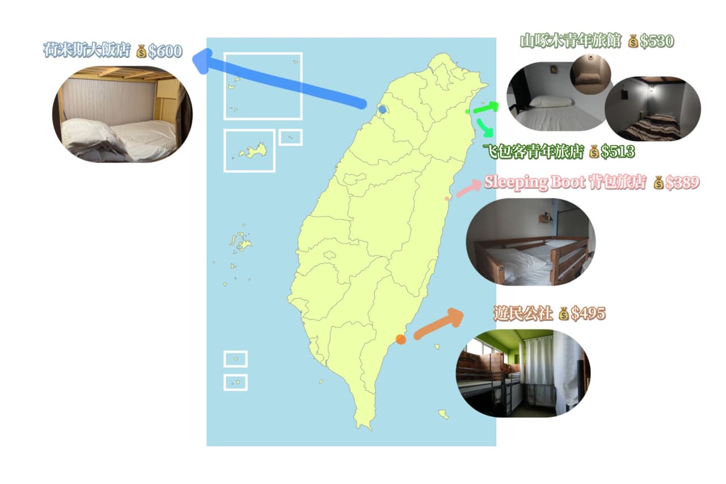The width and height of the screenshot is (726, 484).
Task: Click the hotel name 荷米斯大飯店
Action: (x=87, y=50)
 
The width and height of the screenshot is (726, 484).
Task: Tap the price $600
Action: (x=165, y=51)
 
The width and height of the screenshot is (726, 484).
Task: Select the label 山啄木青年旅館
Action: (x=571, y=41)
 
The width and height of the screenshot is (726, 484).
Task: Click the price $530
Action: (x=657, y=41)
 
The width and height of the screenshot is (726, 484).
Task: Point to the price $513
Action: (x=618, y=151)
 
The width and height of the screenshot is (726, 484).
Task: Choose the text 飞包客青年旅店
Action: (x=534, y=151)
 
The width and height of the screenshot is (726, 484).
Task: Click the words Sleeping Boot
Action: (x=535, y=183)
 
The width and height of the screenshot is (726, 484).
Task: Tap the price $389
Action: (x=682, y=183)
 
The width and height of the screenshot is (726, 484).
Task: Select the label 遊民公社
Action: (x=523, y=313)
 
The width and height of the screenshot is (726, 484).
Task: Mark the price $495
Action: (x=588, y=313)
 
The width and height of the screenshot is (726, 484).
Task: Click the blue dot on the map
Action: (x=382, y=110)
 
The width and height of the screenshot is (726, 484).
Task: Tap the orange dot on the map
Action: (x=401, y=339)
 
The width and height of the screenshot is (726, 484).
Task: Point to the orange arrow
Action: (x=438, y=324)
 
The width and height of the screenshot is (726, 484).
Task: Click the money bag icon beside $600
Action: (x=141, y=51)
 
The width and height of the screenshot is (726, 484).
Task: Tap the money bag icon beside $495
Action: (x=564, y=313)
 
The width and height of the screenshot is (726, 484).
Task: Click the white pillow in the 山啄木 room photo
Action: (x=551, y=102)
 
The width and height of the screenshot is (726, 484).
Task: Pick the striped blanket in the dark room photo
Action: (x=652, y=127)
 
